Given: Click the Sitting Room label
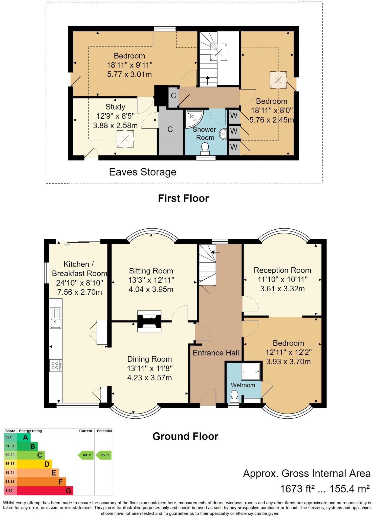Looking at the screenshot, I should point(151,271).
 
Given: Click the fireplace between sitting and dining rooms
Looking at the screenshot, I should point(149,321).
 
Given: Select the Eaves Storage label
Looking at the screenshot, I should point(142,172).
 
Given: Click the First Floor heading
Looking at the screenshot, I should point(183,198).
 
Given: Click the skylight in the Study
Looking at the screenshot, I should point(125,139).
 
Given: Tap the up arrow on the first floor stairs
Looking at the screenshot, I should point(208,80).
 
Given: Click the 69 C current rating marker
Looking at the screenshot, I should point(85,455).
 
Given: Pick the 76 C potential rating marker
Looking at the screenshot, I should point(103,455).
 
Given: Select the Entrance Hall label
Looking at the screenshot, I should point(216,353).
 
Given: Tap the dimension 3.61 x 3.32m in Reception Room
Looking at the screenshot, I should point(282,289).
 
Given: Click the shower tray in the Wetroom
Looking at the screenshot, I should point(250,372).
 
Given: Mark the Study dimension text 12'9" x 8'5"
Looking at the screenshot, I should point(115,116).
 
